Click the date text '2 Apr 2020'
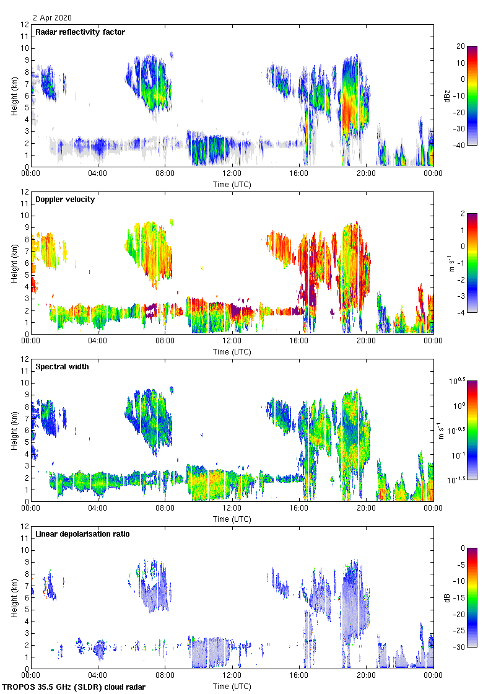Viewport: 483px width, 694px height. (x=53, y=18)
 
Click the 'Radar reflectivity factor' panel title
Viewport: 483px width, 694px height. (x=80, y=32)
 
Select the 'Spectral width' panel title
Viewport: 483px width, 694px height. (x=62, y=367)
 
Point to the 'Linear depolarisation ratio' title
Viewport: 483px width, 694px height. (x=82, y=534)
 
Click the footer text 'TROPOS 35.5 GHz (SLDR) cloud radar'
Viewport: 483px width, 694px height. (x=75, y=687)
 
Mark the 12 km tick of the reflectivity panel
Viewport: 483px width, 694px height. (x=25, y=25)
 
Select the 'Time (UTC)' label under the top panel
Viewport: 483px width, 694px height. (x=232, y=184)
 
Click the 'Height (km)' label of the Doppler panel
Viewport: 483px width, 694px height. (x=14, y=263)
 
